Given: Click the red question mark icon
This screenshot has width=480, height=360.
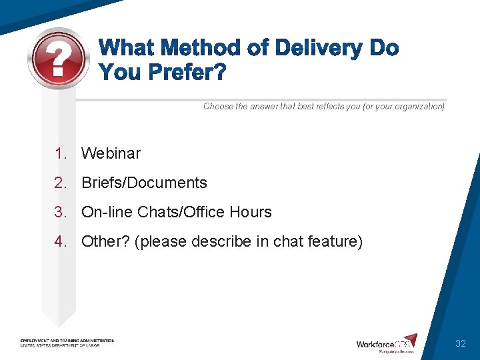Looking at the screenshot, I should (x=59, y=59).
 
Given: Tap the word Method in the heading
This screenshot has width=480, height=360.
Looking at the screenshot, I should (x=199, y=49).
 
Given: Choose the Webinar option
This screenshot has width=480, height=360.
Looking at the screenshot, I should (x=111, y=153).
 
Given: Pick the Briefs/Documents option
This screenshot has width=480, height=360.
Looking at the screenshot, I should (x=144, y=183).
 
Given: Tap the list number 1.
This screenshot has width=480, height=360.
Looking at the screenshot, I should (x=61, y=153).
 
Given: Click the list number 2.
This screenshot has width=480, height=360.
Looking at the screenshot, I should (x=61, y=183).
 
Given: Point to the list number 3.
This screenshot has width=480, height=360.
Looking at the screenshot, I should (x=61, y=212).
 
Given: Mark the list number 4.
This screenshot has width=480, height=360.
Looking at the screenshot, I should (x=61, y=241).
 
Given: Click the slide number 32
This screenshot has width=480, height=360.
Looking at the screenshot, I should (x=460, y=344).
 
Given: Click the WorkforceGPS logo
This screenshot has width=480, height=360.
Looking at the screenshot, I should (x=387, y=343).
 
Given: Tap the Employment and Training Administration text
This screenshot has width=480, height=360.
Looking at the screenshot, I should (x=67, y=341).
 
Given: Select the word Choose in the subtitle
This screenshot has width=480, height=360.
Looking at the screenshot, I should (x=218, y=107).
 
